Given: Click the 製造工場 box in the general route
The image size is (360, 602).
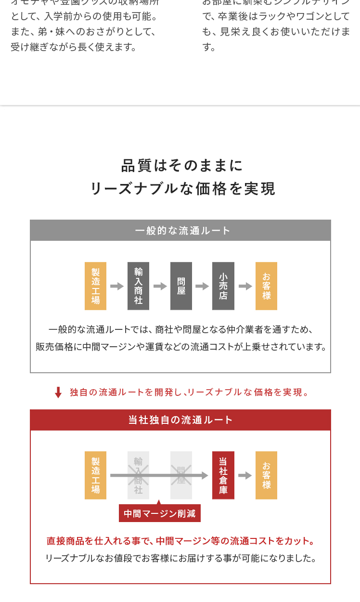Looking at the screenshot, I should [95, 286].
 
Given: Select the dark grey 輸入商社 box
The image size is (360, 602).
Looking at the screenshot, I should [138, 286].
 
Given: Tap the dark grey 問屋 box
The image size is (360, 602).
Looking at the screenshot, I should [181, 286].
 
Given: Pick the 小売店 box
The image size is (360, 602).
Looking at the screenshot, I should [223, 286].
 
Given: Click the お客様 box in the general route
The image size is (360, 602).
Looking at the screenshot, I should [266, 286].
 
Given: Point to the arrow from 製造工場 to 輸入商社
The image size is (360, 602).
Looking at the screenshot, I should [117, 286].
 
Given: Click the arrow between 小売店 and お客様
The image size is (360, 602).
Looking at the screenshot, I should [245, 286].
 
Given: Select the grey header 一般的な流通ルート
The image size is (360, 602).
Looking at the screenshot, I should [180, 230].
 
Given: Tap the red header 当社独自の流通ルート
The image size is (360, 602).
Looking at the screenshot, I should [180, 420].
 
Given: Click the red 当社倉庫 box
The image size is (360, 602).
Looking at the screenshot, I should [223, 475].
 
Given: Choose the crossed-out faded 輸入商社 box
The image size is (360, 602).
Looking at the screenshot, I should [138, 475].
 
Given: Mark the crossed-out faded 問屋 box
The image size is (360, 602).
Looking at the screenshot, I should [181, 475].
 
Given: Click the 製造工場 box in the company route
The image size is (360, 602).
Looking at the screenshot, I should [95, 475].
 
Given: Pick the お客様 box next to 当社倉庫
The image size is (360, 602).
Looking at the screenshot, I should [266, 475].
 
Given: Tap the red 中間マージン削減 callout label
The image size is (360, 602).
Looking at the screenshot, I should [159, 513].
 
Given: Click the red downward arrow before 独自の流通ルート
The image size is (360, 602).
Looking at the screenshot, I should [58, 393].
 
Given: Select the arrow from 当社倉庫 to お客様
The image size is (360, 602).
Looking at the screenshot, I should [245, 475].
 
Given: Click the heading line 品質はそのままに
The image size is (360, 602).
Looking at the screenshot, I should [182, 166].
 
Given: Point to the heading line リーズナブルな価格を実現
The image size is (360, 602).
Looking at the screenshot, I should [182, 189].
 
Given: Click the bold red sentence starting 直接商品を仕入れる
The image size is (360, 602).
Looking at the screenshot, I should [180, 541].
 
